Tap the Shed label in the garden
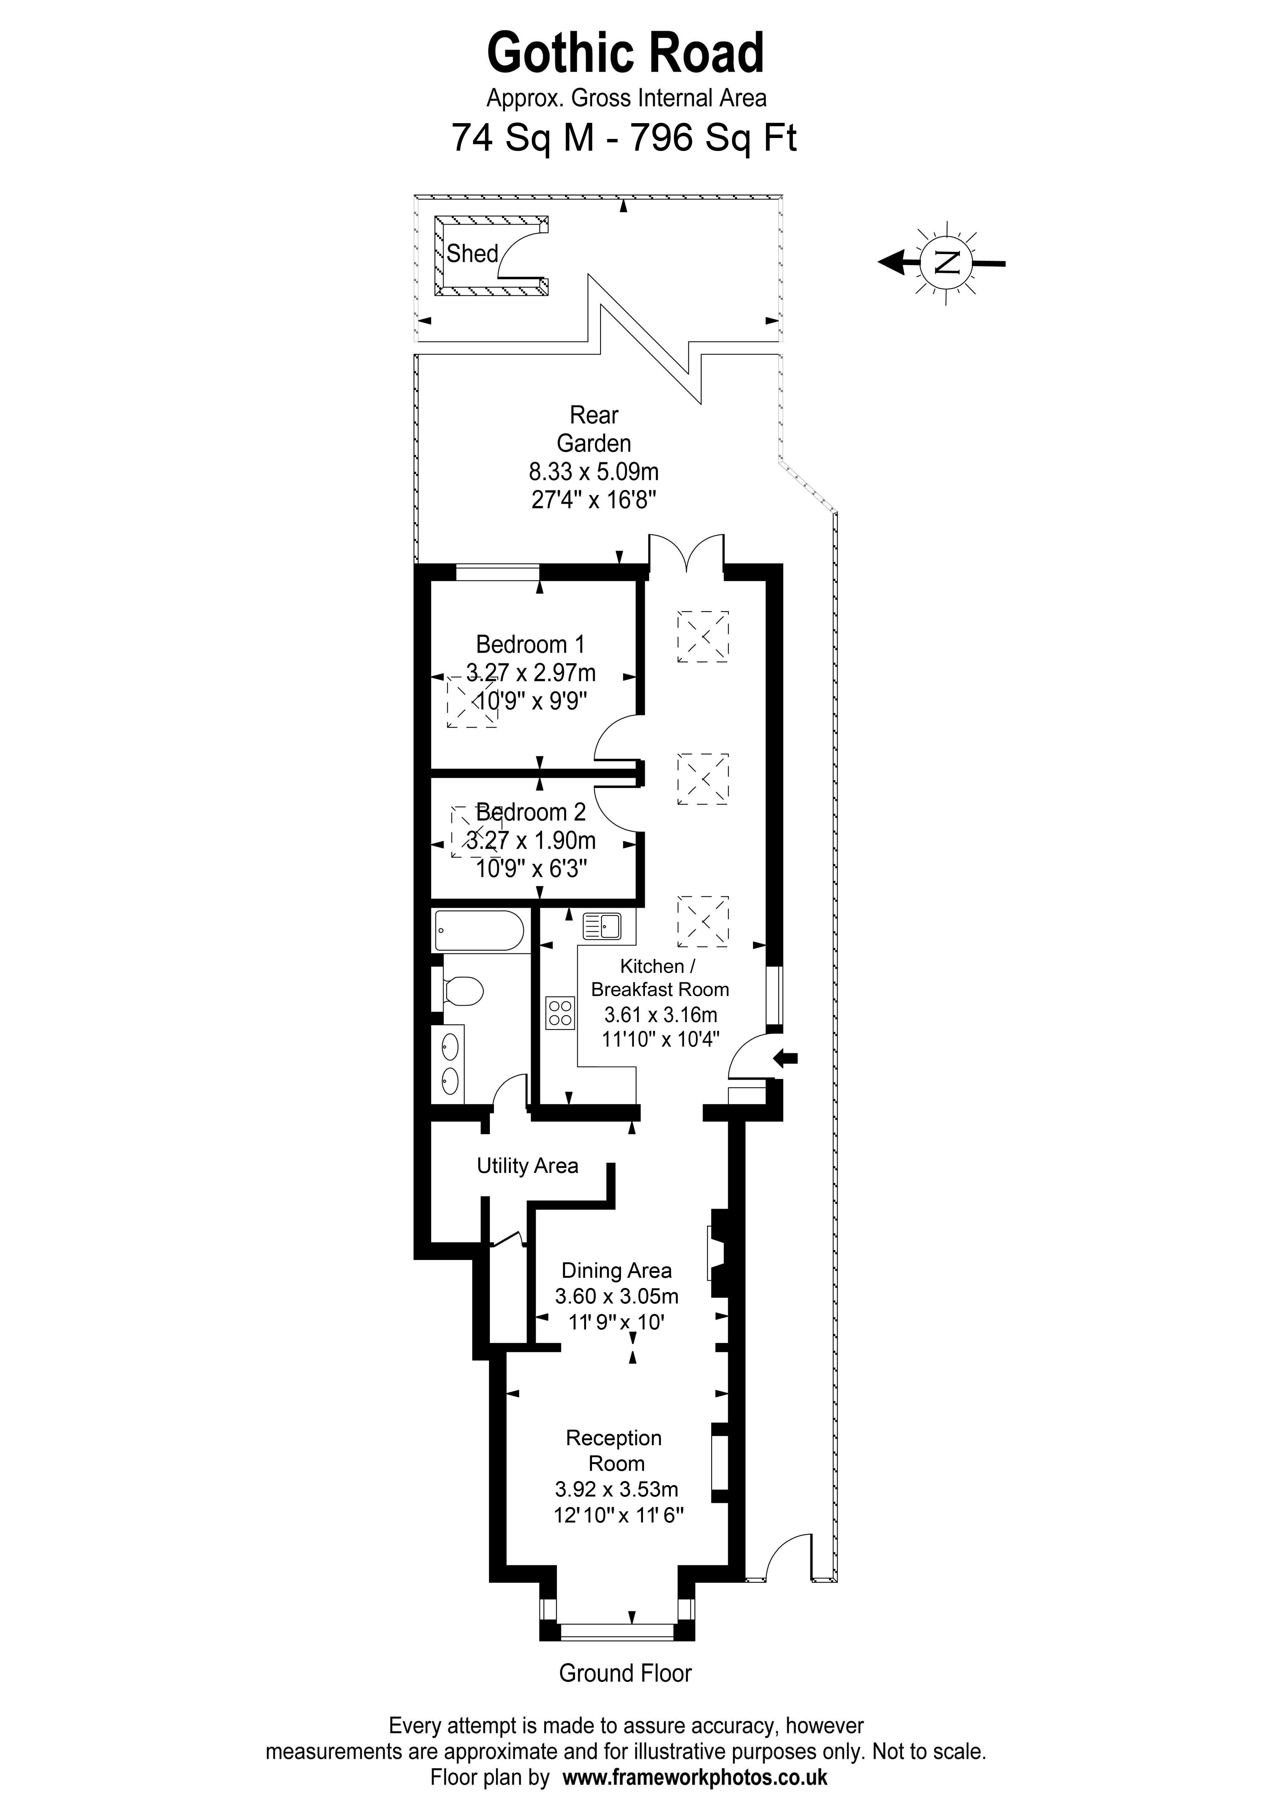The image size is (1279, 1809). click(x=472, y=254)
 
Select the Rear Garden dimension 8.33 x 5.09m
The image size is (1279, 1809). click(x=594, y=472)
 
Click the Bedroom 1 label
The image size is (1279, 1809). click(x=530, y=644)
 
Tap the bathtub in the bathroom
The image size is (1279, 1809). click(x=478, y=931)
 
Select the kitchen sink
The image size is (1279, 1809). click(x=602, y=926)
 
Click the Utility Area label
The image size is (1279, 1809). click(x=527, y=1166)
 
